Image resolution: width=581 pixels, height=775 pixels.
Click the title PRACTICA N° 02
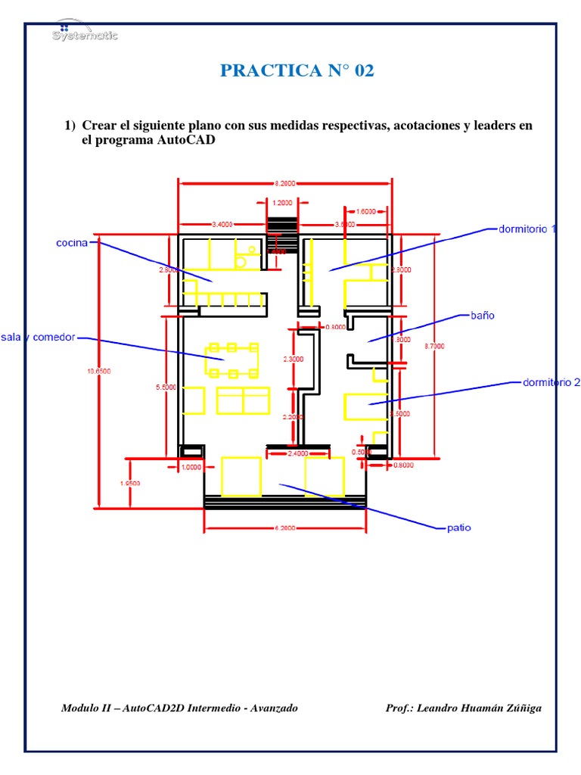[297, 71]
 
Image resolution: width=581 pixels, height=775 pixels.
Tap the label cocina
[72, 243]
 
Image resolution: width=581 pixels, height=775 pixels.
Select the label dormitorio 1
[527, 228]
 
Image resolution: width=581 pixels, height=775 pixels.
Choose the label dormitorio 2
[551, 383]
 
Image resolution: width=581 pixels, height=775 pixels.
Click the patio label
[458, 528]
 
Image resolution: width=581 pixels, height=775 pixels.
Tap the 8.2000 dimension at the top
[285, 182]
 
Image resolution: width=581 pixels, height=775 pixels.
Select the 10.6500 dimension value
[99, 371]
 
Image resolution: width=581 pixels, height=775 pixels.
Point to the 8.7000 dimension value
[435, 346]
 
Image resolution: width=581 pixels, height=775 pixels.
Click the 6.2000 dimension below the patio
[285, 528]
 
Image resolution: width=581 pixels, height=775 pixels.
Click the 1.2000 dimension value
[283, 203]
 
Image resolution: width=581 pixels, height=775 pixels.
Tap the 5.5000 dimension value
[166, 387]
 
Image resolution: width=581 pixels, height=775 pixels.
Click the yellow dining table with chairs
[232, 359]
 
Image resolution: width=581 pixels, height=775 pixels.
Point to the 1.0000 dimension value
[191, 467]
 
